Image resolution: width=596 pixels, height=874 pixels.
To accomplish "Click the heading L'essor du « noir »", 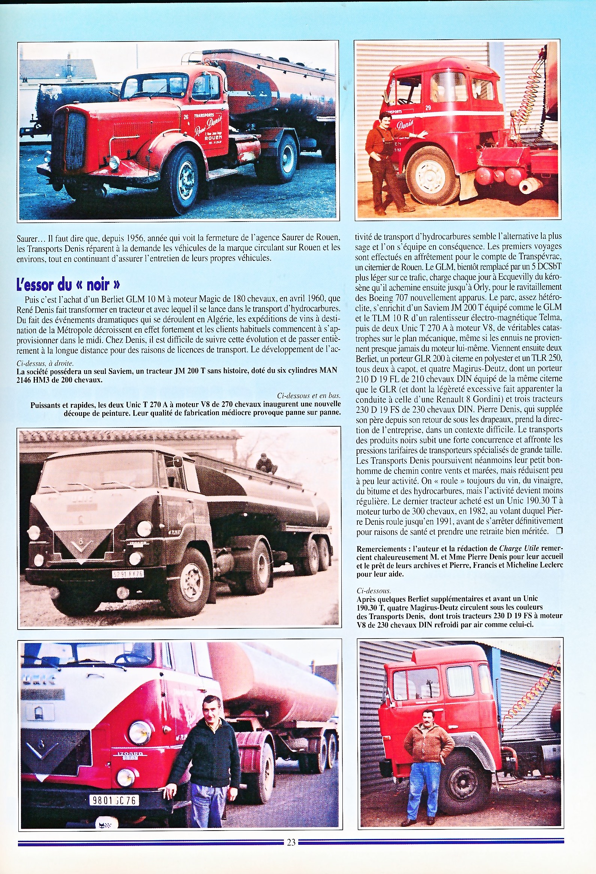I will (x=69, y=284).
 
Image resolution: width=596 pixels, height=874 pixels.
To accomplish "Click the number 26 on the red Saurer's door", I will (x=186, y=116).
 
